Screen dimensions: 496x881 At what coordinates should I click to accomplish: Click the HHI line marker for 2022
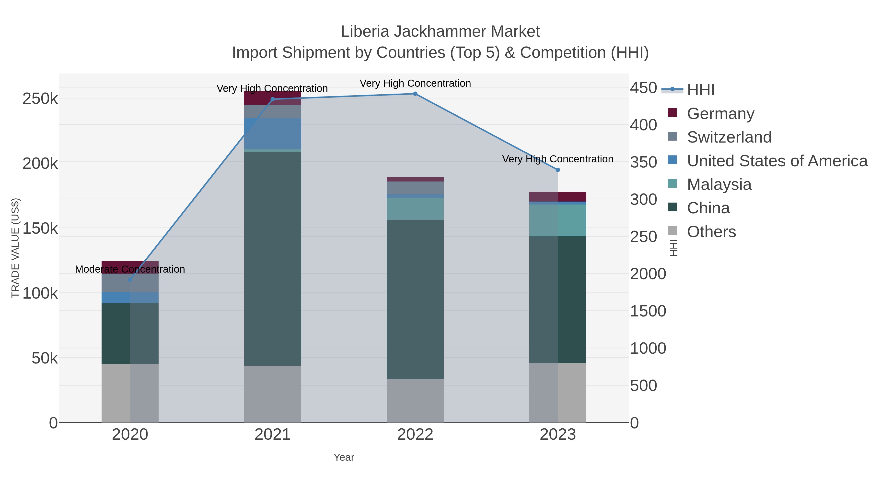tap(415, 94)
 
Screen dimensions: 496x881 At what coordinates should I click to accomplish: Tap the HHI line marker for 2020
tap(130, 280)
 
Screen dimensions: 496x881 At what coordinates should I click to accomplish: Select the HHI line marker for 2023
tap(558, 170)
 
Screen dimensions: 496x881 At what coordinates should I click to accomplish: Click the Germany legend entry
tap(720, 114)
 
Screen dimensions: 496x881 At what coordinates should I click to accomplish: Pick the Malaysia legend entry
tap(719, 184)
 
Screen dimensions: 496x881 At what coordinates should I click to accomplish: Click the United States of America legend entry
tap(777, 161)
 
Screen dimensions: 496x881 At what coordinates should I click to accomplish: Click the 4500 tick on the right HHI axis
tap(644, 88)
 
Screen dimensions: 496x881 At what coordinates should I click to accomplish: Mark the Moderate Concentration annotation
tap(130, 269)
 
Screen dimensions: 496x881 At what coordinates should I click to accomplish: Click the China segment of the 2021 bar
tap(273, 258)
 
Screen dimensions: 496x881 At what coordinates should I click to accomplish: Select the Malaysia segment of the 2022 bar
tap(415, 208)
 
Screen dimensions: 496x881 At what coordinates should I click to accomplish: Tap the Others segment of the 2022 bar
tap(415, 400)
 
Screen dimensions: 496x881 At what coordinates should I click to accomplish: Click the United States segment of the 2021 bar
tap(273, 133)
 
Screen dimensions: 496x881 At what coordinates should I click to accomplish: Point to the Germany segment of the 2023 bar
tap(558, 196)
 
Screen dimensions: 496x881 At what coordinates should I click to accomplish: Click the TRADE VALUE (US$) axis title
tap(15, 248)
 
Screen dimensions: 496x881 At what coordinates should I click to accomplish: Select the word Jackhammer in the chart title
tap(440, 32)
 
